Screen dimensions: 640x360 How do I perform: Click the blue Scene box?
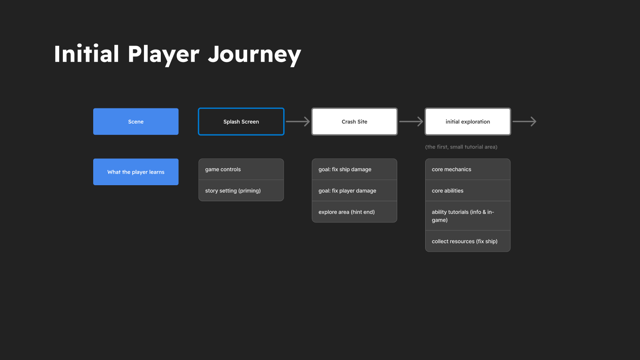tap(136, 122)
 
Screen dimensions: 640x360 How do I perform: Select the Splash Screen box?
tap(241, 122)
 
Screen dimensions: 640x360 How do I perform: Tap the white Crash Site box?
tap(354, 122)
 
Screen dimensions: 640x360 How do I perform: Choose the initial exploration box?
tap(468, 122)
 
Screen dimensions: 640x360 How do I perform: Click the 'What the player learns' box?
tap(136, 172)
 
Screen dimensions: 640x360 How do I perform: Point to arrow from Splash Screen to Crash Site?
tap(298, 122)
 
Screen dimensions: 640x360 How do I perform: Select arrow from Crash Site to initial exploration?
tap(411, 122)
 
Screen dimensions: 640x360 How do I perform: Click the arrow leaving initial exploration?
tap(524, 122)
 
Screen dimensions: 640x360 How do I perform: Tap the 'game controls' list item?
tap(241, 169)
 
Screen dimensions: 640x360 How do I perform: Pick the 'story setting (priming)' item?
tap(241, 190)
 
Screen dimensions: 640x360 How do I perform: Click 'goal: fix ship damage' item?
tap(354, 169)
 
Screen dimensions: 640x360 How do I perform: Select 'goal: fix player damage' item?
tap(354, 190)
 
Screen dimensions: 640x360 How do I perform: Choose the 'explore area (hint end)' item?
tap(354, 212)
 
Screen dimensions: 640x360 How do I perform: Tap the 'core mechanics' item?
tap(468, 169)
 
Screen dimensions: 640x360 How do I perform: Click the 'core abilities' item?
tap(468, 190)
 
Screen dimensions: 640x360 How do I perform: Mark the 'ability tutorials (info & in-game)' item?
tap(468, 216)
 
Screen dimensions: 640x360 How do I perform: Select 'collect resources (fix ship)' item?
tap(468, 241)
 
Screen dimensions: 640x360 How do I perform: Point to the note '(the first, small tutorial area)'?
tap(461, 147)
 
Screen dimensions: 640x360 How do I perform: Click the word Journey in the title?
tap(254, 55)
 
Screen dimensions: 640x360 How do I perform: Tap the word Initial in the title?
tap(86, 54)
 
